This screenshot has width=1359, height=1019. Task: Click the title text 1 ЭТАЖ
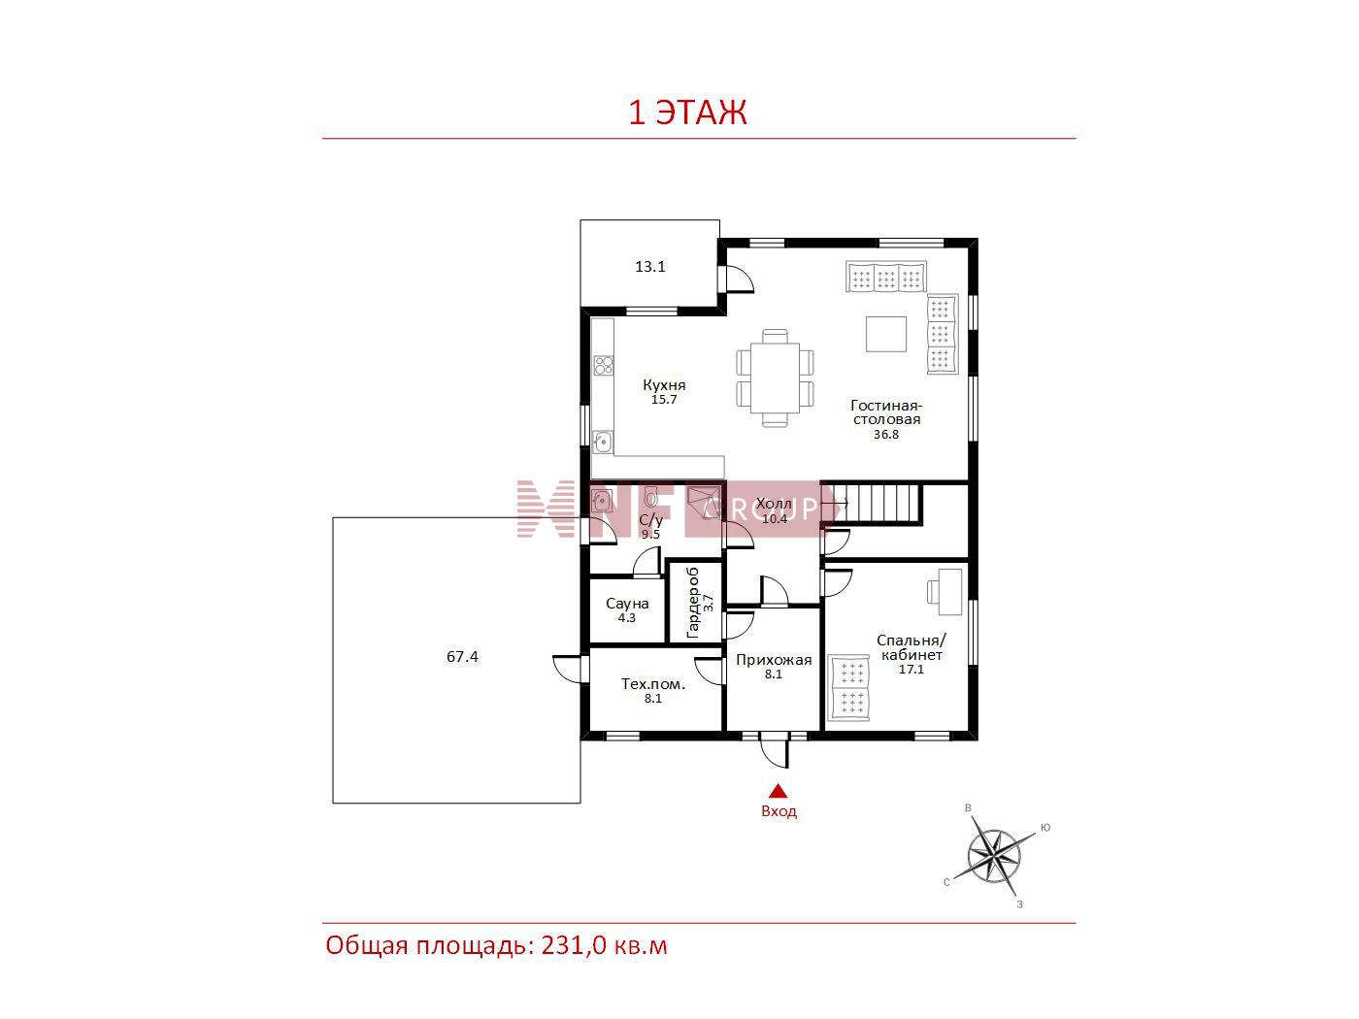click(687, 113)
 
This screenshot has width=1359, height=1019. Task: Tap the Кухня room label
click(664, 385)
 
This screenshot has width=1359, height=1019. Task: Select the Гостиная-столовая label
click(886, 412)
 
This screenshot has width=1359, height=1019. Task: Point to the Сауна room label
click(627, 604)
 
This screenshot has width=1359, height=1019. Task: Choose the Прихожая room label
click(774, 660)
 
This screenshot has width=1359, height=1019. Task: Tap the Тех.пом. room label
click(653, 684)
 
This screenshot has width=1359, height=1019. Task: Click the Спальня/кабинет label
click(912, 647)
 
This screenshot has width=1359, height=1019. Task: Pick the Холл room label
click(774, 505)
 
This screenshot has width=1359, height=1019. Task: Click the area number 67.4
click(462, 656)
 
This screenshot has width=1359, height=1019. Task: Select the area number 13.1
click(650, 267)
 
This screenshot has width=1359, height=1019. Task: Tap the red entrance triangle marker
click(779, 791)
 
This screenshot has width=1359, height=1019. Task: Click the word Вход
click(779, 811)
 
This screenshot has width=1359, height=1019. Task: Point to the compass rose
click(994, 857)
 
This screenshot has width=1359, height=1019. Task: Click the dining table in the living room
click(776, 378)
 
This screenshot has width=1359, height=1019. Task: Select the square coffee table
click(886, 334)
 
